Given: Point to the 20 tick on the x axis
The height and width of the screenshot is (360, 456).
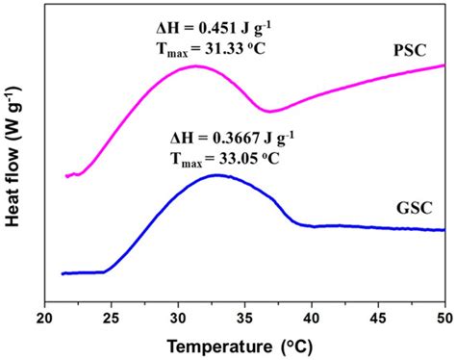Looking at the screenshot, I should tap(45, 317).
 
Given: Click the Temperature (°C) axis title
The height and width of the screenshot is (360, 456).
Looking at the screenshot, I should tap(245, 345).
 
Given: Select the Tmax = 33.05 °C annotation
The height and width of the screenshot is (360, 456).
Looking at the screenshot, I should tap(227, 157).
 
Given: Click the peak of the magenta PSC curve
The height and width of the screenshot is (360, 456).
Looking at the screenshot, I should tap(196, 66).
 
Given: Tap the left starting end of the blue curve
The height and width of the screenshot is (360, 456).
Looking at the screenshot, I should tap(63, 274).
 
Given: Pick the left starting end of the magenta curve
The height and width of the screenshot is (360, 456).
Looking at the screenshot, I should tap(65, 176).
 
